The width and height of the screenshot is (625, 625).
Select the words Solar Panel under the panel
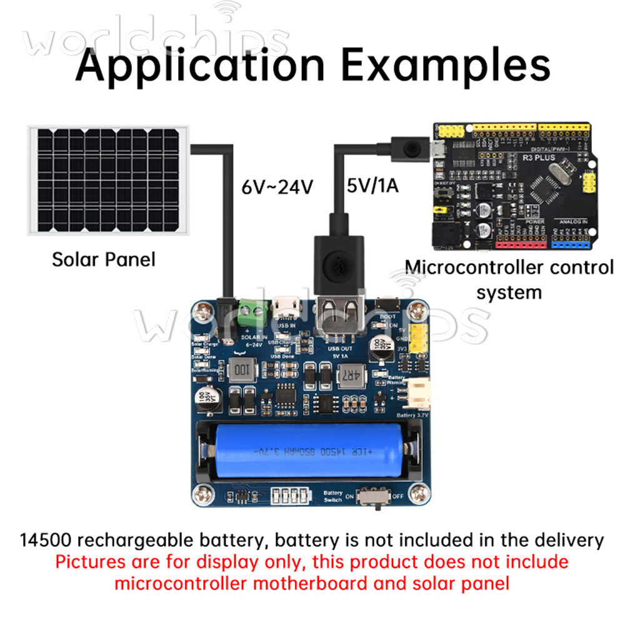point(103,259)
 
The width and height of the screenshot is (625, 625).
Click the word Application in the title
point(200,66)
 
